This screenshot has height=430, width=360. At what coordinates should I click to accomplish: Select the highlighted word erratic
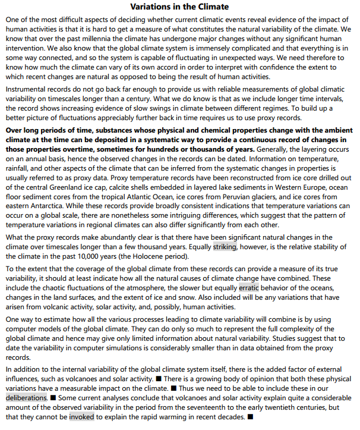click(x=249, y=287)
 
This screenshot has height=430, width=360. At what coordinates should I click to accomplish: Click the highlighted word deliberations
click(x=27, y=397)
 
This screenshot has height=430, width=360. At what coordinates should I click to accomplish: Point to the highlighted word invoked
click(x=81, y=417)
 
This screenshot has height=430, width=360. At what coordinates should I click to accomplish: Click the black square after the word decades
click(x=250, y=417)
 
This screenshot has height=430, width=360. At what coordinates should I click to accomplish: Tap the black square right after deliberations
click(x=53, y=397)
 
